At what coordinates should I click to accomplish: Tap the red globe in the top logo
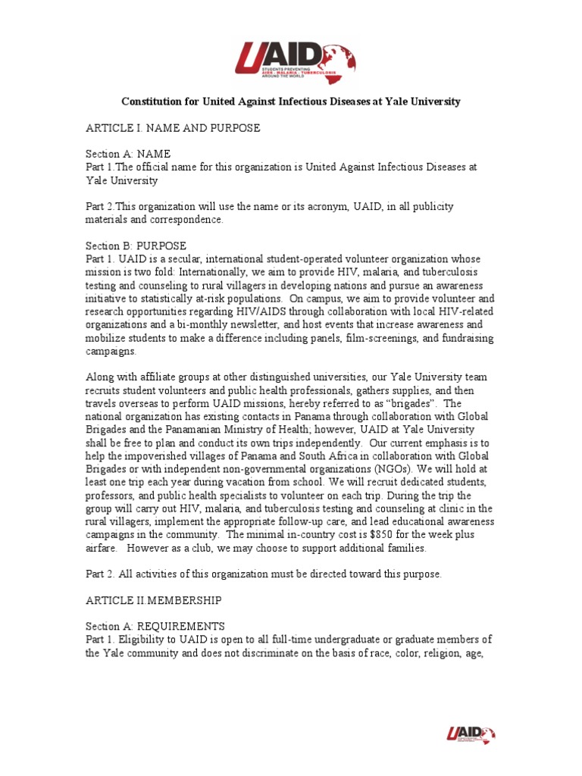click(x=338, y=61)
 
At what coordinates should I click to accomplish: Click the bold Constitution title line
click(x=292, y=102)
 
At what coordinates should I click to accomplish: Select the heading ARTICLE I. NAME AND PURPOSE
click(x=173, y=128)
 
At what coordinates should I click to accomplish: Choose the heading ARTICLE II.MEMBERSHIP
click(x=154, y=600)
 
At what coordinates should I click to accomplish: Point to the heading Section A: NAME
click(x=127, y=154)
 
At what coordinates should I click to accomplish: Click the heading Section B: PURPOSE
click(x=136, y=246)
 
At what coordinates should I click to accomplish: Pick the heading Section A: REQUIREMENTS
click(x=155, y=627)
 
